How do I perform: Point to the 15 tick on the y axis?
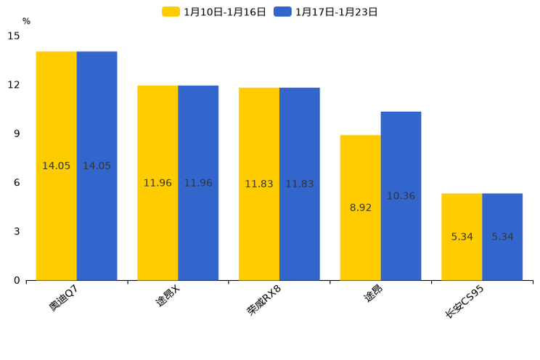(14, 36)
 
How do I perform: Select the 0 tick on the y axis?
(17, 280)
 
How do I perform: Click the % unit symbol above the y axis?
(26, 21)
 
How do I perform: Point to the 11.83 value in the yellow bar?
(258, 184)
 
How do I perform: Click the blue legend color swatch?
(282, 12)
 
